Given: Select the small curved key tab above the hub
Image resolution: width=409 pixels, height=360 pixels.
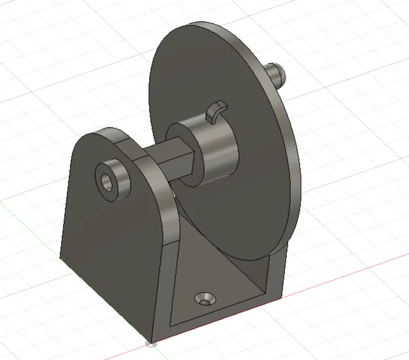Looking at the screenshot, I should coord(215,111).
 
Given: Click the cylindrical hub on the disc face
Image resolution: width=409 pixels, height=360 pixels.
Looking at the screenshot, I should coord(216,150).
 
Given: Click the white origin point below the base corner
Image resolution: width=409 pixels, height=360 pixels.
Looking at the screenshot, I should coord(152,344).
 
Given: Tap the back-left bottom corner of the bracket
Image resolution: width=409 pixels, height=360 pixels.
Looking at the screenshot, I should coord(61,257).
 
